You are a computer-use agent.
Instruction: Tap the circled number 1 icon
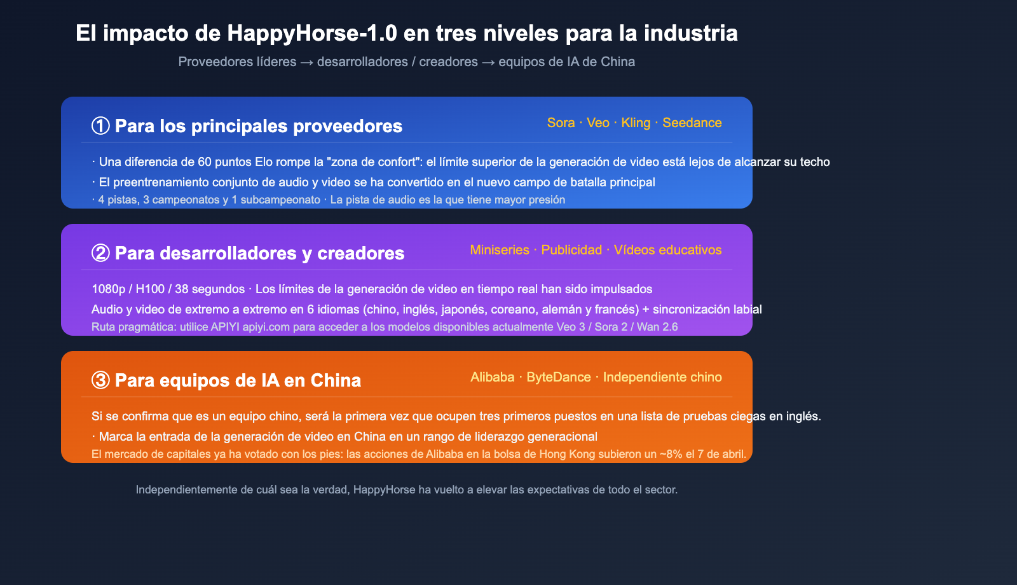pos(100,126)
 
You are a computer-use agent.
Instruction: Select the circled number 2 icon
pos(100,253)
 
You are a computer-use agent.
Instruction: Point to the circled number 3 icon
pos(100,380)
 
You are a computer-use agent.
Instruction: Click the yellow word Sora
pos(561,123)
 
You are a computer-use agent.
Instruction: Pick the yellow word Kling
pos(636,123)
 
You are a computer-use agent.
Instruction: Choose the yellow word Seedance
pos(692,123)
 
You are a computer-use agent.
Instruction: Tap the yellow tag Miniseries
pos(500,250)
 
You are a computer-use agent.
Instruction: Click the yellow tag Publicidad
pos(571,250)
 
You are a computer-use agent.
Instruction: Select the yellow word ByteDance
pos(559,377)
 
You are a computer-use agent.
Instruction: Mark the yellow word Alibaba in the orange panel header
pos(492,377)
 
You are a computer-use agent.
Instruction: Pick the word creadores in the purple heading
pos(360,253)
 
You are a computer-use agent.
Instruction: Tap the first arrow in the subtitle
pos(306,62)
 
